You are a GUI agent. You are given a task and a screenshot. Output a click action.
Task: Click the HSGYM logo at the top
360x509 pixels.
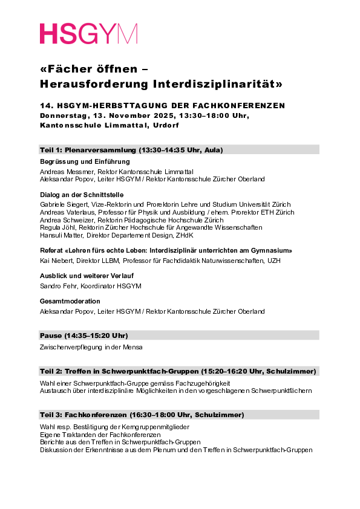pos(88,34)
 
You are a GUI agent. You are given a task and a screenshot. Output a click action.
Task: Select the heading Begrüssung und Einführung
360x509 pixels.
pos(84,162)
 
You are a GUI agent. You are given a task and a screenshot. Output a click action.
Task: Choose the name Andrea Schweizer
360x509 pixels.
pos(61,220)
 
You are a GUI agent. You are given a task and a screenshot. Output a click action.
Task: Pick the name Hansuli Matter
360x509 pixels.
pos(56,235)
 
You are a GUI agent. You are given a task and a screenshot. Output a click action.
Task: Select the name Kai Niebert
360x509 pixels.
pos(51,261)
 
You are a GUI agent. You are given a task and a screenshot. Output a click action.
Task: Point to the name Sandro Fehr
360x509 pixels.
pos(55,286)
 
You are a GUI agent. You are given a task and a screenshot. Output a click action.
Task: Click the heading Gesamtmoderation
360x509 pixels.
pos(70,301)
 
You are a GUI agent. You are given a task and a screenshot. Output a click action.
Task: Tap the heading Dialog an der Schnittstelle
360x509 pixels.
pos(82,195)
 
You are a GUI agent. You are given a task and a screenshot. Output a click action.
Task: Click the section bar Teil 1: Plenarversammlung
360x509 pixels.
pos(179,150)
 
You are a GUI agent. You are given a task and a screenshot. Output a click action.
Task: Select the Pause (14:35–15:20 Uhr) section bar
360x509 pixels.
pos(179,336)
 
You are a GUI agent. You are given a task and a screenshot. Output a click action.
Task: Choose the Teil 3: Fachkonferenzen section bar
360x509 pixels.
pos(179,415)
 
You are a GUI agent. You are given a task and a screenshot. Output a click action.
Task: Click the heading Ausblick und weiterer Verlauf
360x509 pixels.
pos(87,276)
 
